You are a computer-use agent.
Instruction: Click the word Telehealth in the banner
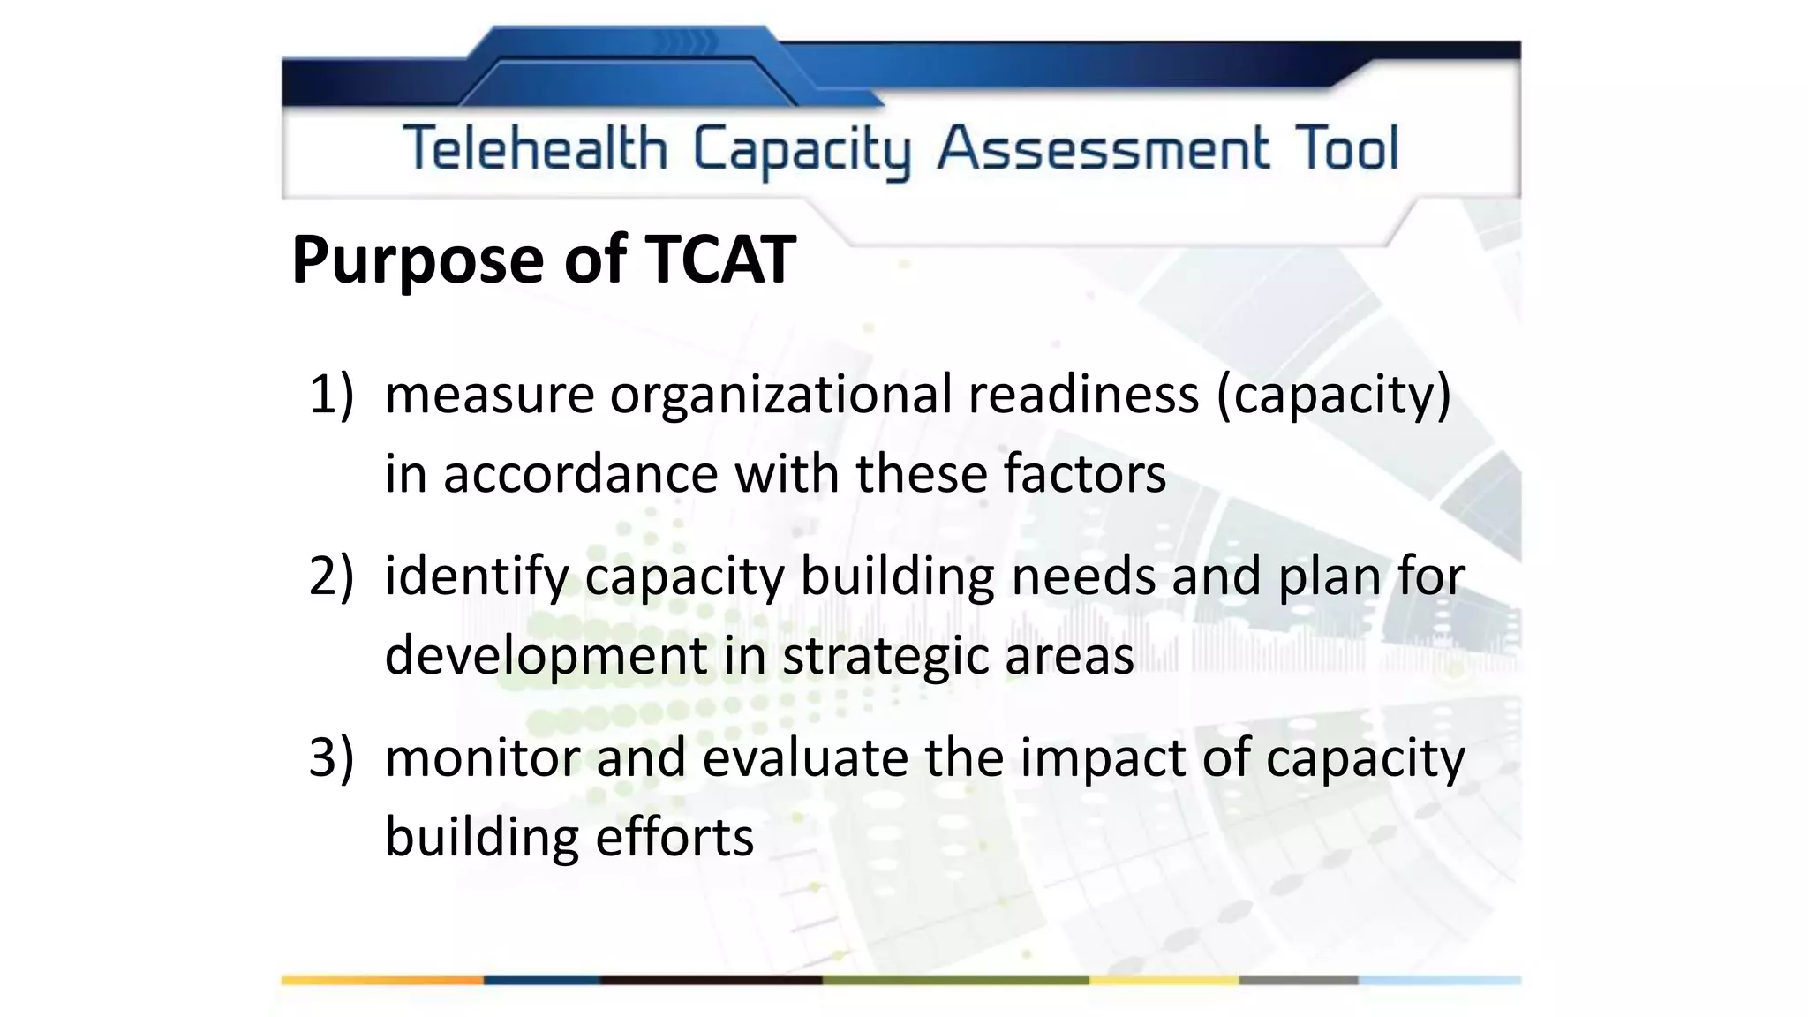tap(535, 148)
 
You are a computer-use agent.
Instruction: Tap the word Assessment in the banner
tap(1104, 148)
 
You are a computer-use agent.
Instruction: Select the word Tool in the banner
tap(1347, 148)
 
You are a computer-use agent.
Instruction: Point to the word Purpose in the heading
tap(418, 261)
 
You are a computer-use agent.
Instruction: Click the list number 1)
tap(331, 394)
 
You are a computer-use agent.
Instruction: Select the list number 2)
tap(331, 576)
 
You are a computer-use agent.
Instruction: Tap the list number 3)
tap(331, 758)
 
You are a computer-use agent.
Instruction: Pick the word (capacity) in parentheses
tap(1333, 395)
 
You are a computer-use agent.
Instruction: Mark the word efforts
tap(674, 838)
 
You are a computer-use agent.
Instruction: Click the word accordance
tap(580, 474)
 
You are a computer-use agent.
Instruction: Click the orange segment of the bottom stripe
tap(382, 980)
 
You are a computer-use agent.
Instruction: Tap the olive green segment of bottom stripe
tap(955, 980)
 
